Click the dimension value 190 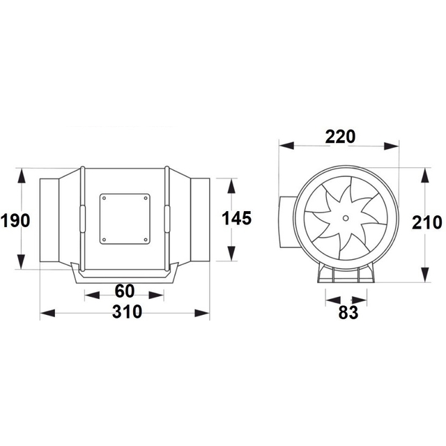[x=15, y=221]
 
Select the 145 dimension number [x=237, y=218]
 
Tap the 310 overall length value [x=127, y=312]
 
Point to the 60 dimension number [x=125, y=291]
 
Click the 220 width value [x=340, y=137]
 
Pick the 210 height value [x=427, y=222]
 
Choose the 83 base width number [x=348, y=313]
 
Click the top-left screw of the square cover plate [x=104, y=198]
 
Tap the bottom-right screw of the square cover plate [x=146, y=240]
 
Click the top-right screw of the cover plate [x=146, y=198]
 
